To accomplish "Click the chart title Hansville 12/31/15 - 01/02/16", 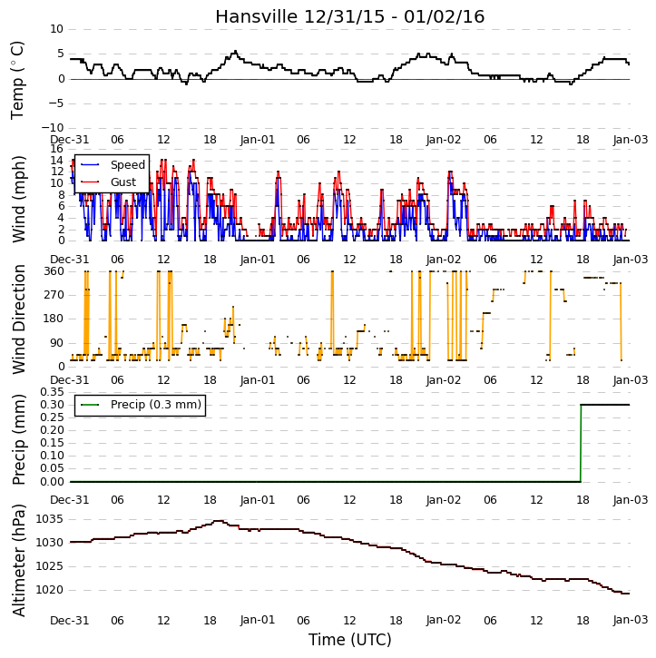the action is tap(350, 17).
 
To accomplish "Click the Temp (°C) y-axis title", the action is tap(17, 80).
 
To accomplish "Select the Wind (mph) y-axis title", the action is tap(18, 200).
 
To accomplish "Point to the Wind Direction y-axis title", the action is tap(18, 319).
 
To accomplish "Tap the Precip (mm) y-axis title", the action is tap(18, 439).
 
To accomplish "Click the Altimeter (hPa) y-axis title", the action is tap(18, 560).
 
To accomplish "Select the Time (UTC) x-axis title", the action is tap(350, 640).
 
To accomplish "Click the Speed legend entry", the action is tap(113, 165).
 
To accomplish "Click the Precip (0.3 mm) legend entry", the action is tap(141, 405).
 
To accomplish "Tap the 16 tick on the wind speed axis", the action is tap(56, 149).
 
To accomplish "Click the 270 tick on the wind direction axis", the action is tap(54, 295).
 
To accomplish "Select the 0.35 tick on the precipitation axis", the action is tap(52, 392).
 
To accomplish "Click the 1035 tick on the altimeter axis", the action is tap(50, 519).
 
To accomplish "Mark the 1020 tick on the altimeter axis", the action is tap(50, 591).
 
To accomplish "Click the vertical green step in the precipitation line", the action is tap(581, 443).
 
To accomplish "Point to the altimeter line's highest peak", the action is tap(218, 521).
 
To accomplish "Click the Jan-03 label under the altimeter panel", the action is tap(631, 620).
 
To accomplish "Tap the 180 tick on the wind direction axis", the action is tap(54, 319).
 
